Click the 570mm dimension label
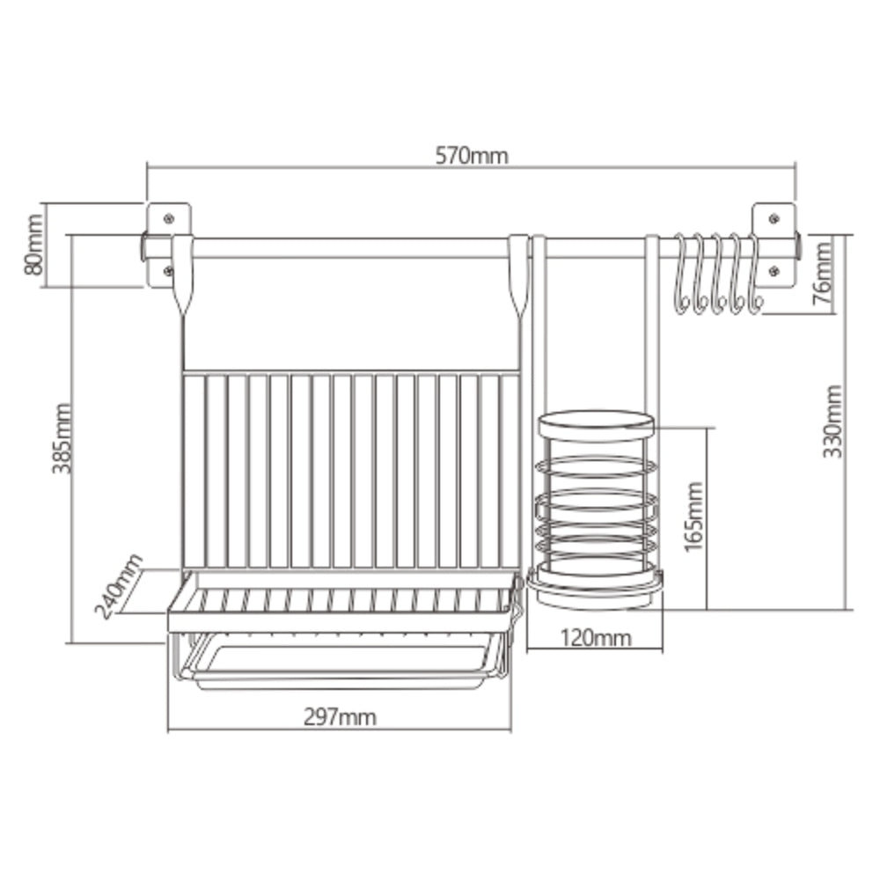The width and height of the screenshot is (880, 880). [472, 156]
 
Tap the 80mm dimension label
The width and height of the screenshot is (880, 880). [33, 245]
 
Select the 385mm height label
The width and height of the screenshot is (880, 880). [62, 438]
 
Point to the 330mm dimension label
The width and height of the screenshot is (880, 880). [832, 421]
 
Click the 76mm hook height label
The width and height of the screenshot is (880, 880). [822, 272]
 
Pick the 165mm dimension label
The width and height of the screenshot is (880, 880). [693, 517]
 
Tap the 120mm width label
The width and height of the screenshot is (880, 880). [596, 638]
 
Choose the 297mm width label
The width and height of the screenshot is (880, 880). [340, 716]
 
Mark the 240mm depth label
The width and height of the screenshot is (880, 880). [119, 585]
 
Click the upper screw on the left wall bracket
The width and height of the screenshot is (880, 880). [168, 217]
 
